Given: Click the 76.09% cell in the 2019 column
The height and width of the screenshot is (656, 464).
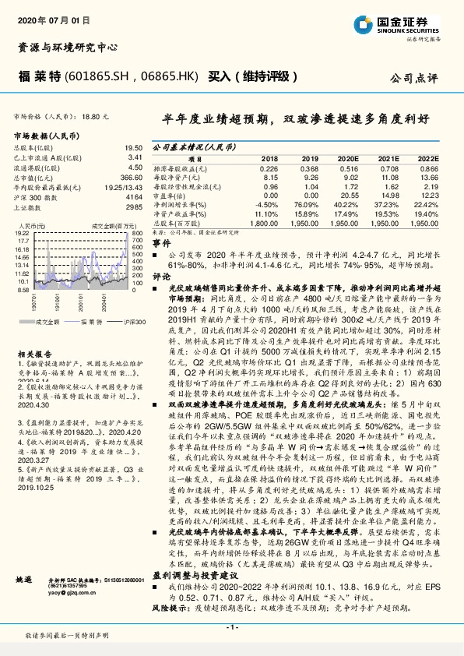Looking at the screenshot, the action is coord(308,204).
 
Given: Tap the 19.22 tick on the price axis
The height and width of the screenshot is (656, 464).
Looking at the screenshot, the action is coord(23,233).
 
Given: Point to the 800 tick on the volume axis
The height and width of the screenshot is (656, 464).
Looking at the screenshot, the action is coord(136,233).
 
